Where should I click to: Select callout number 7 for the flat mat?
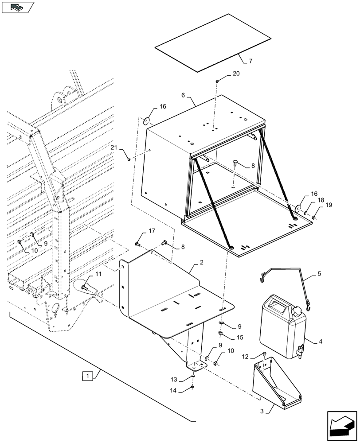[250, 61]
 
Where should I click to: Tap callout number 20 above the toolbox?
[235, 74]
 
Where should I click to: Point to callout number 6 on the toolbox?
[183, 95]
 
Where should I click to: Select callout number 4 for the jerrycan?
[320, 342]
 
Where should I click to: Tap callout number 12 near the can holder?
[245, 357]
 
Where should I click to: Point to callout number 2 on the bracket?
[201, 263]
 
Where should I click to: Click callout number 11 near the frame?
[98, 274]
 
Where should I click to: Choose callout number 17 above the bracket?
[152, 230]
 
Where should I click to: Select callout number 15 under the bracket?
[239, 337]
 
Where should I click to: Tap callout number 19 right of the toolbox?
[329, 205]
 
